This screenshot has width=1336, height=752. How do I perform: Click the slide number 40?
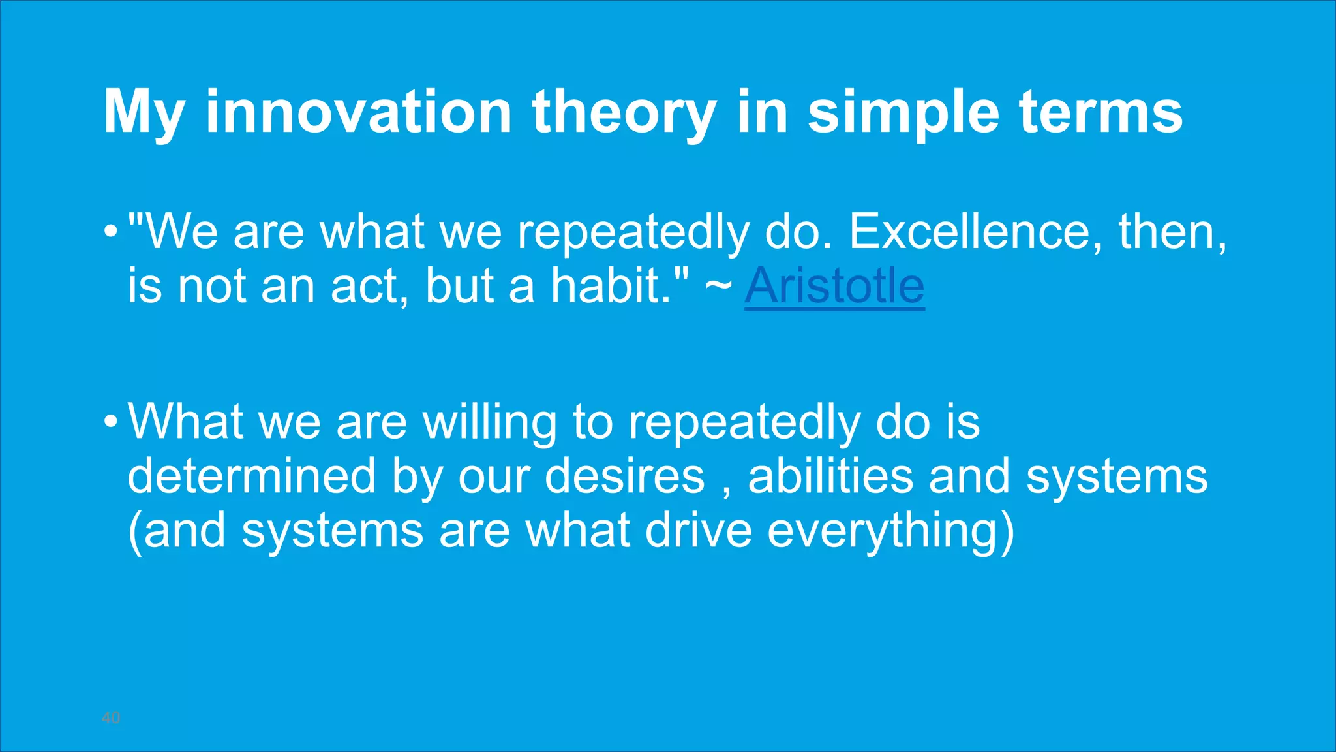[111, 717]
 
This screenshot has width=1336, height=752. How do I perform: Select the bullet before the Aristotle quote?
[111, 232]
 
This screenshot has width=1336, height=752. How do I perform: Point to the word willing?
[489, 422]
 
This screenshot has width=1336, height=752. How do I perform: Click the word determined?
[251, 476]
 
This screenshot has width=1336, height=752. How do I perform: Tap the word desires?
[624, 476]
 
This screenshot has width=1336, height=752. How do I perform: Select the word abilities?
[830, 476]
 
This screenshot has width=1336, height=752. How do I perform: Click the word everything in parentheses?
[884, 531]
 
